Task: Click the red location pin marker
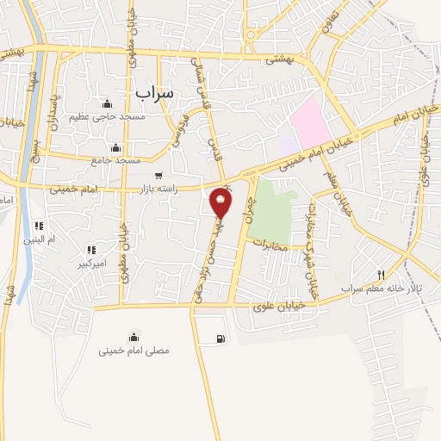point(221,203)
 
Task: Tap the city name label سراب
point(155,90)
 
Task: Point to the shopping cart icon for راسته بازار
point(158,176)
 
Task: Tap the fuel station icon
point(222,339)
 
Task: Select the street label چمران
point(252,209)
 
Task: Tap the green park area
point(273,209)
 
